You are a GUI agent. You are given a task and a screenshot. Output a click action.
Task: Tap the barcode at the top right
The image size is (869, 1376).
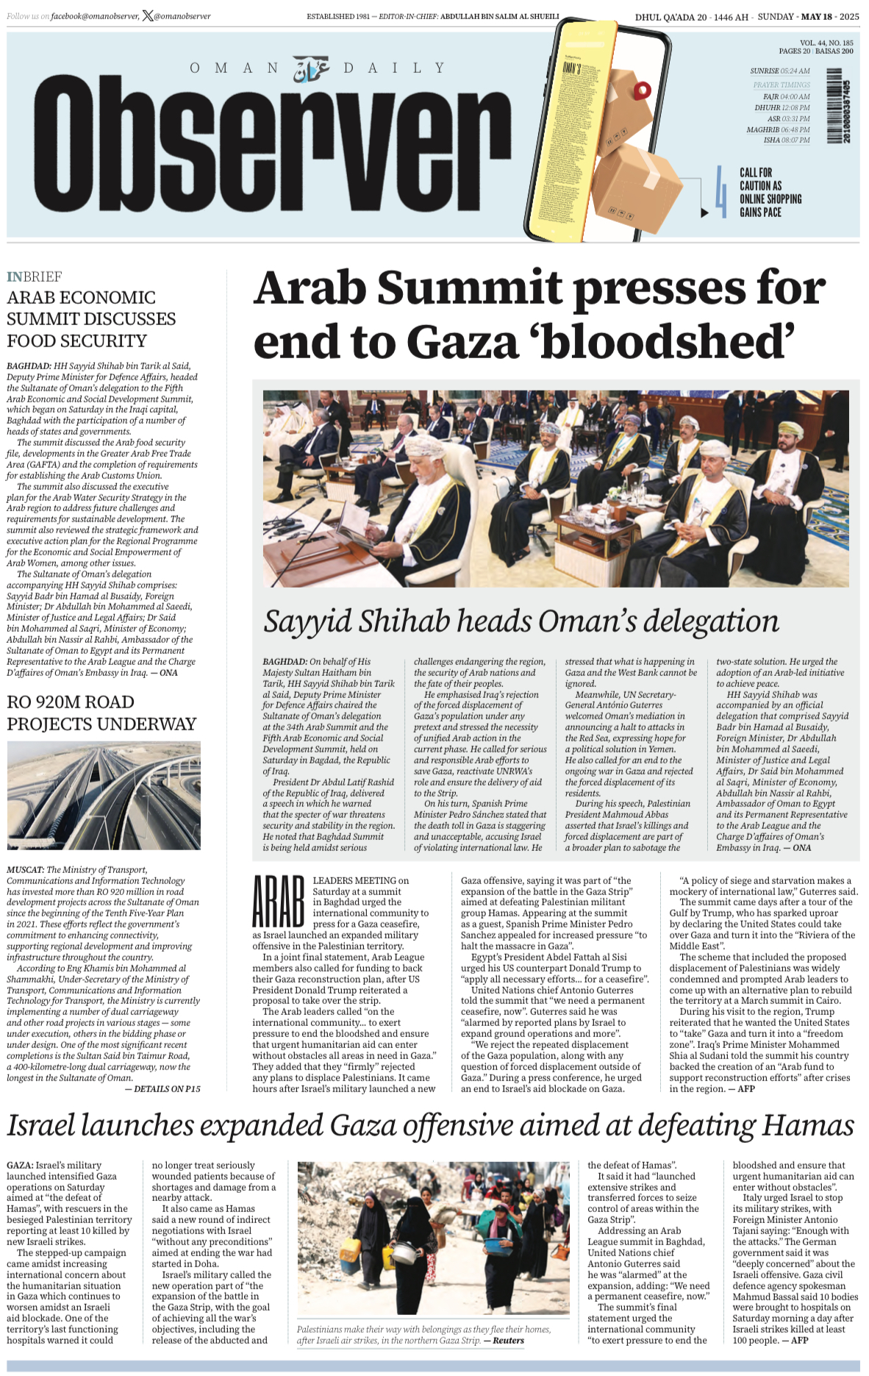[x=834, y=106]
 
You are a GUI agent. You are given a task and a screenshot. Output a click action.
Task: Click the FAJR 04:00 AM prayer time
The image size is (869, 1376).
[x=786, y=96]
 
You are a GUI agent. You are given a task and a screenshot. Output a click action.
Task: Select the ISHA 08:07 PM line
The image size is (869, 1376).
[x=786, y=140]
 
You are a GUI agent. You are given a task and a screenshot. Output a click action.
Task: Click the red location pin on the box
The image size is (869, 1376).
[x=642, y=91]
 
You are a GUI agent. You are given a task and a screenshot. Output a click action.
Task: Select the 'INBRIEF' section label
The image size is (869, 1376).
[x=34, y=277]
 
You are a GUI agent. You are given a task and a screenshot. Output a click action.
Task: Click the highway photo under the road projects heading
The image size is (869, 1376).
[x=104, y=795]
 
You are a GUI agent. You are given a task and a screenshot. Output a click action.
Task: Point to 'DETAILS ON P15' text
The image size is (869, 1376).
[x=163, y=1088]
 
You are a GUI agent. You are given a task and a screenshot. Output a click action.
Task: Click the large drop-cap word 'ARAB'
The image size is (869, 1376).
[x=278, y=901]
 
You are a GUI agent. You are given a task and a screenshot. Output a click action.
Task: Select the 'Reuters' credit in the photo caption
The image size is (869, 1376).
[x=509, y=1341]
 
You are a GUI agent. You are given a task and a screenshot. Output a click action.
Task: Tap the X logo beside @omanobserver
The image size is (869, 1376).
[x=148, y=15]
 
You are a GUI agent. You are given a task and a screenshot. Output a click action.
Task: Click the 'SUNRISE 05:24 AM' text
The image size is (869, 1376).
[x=779, y=71]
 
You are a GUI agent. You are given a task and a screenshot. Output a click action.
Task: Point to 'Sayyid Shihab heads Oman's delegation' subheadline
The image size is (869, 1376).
[x=521, y=621]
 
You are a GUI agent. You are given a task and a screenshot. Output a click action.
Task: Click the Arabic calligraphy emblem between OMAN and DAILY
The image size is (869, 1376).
[x=311, y=69]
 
